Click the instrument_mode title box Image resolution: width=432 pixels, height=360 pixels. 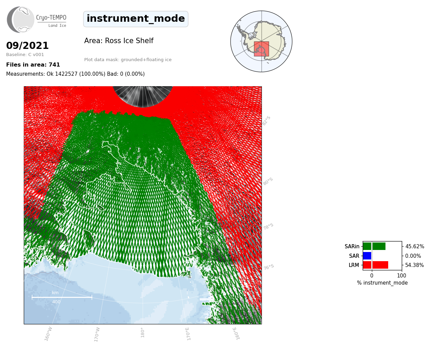[136, 19]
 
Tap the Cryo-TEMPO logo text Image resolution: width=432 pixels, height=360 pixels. [51, 17]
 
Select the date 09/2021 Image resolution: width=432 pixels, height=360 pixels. [27, 46]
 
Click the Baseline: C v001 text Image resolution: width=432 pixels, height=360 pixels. [25, 55]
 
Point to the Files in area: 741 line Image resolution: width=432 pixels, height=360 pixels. [33, 65]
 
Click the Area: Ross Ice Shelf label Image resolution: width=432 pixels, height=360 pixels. [119, 41]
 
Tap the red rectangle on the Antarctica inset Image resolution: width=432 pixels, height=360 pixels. [261, 49]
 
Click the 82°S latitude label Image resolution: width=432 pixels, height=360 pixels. [266, 121]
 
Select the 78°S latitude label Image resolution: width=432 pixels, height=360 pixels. [268, 227]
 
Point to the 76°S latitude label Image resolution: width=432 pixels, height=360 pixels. [269, 267]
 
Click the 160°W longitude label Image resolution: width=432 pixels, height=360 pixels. [48, 334]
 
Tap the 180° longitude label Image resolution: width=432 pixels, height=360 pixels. [142, 332]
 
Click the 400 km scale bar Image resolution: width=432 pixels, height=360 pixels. [62, 297]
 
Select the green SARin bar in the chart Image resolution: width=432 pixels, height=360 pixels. [374, 246]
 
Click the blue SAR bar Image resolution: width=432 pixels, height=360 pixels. [367, 256]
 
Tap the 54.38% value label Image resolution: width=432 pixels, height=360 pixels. [414, 265]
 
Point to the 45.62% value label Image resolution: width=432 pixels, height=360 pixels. [415, 247]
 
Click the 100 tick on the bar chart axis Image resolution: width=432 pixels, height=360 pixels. [401, 275]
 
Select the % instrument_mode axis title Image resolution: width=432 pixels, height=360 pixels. [382, 283]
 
